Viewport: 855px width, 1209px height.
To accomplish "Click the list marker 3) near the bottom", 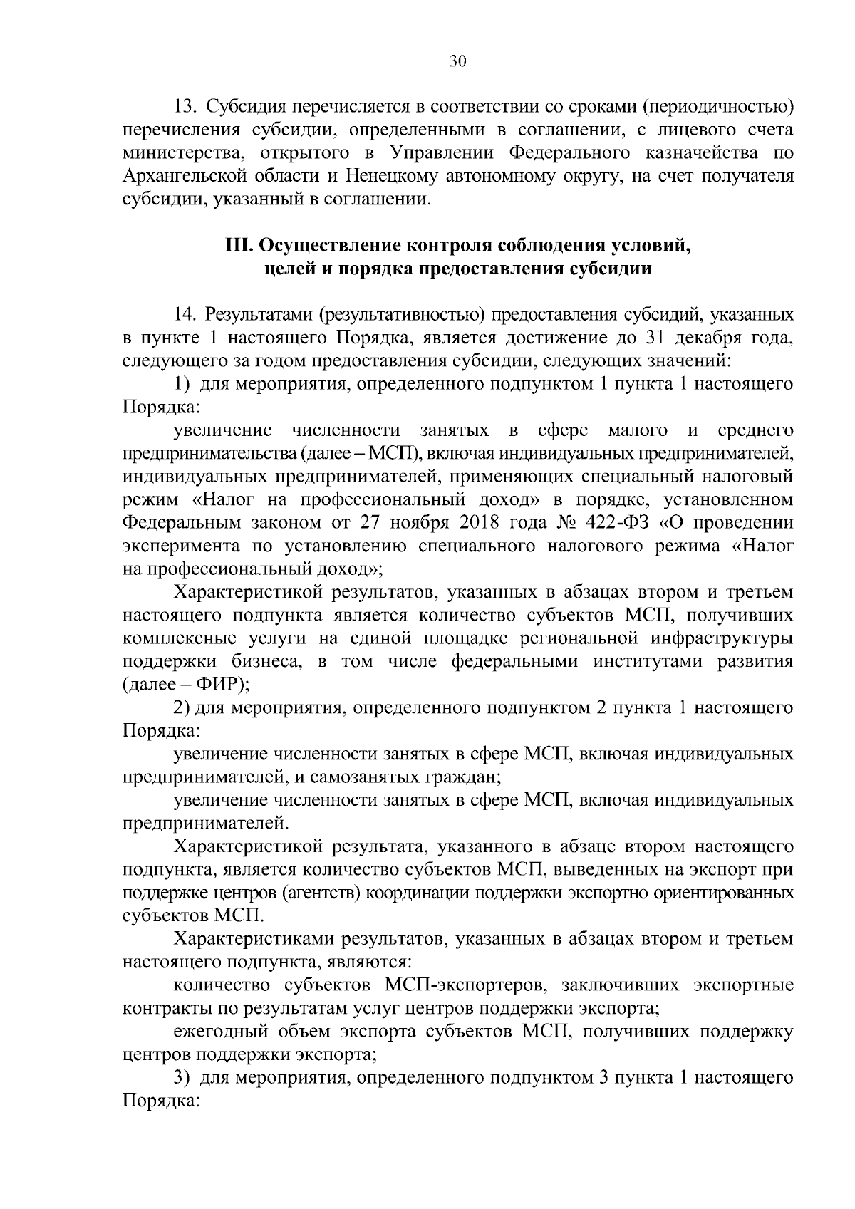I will [x=182, y=1079].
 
